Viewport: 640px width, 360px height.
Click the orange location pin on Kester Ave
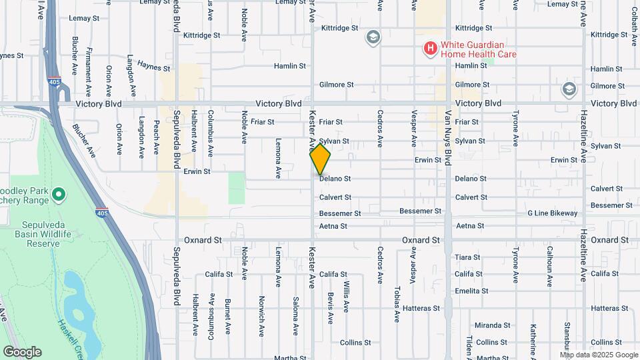[x=321, y=159]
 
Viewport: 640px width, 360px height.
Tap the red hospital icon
[x=431, y=48]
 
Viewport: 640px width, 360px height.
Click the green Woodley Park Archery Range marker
[x=59, y=195]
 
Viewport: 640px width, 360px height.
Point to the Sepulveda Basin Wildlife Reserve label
[x=43, y=234]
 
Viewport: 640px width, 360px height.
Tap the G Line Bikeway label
[x=553, y=213]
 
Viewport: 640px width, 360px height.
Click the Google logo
[x=22, y=352]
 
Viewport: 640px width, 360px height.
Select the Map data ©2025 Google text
[x=599, y=355]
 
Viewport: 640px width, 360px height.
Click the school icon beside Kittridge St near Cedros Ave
[x=373, y=37]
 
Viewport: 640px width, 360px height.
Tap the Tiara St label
[x=467, y=257]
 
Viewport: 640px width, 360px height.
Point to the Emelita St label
[x=472, y=291]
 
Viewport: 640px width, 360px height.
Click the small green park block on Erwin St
[x=237, y=187]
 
